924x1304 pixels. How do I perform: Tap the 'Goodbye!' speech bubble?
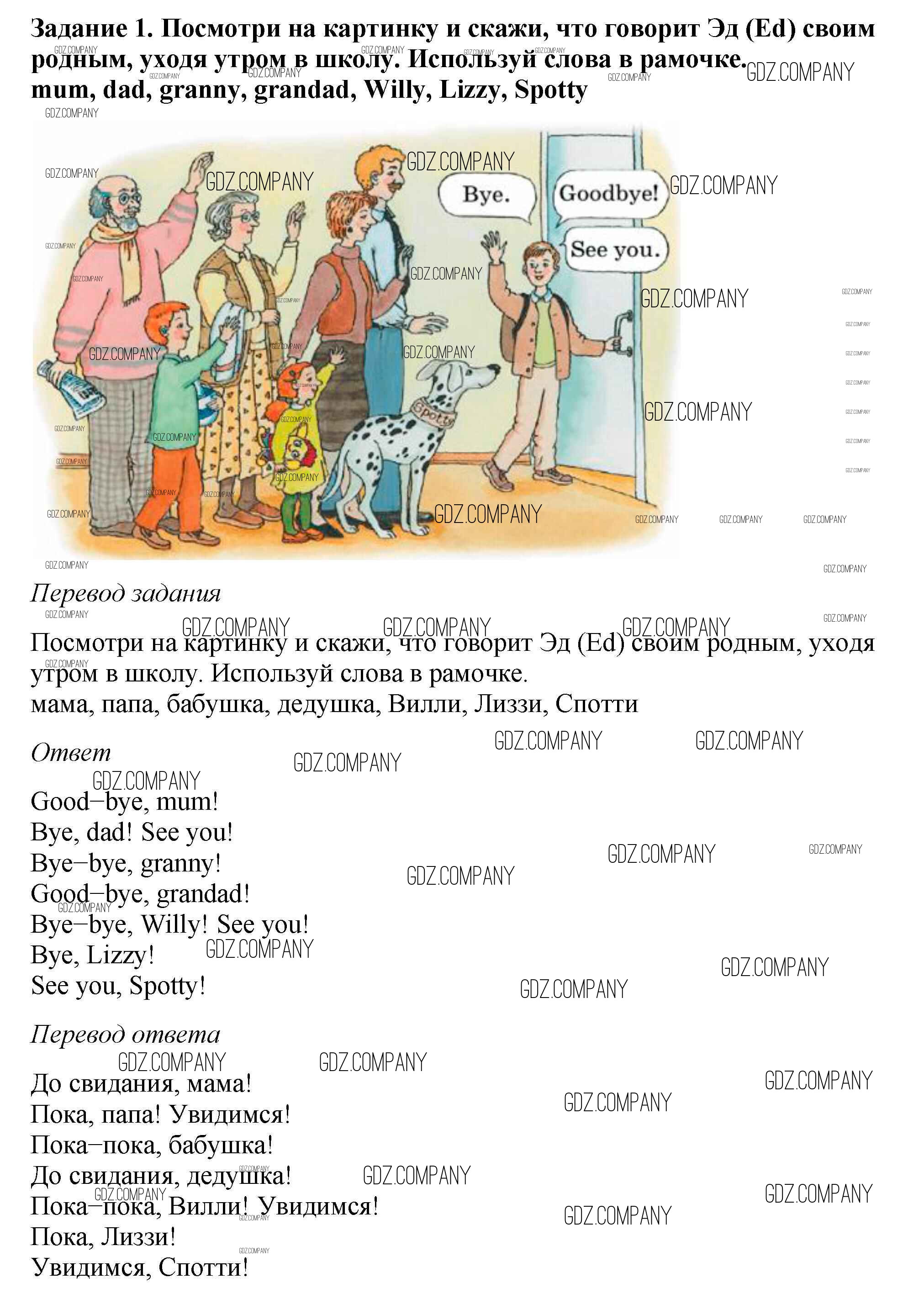[609, 194]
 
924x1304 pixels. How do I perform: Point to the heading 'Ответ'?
[70, 753]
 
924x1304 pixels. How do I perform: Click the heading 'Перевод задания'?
[126, 593]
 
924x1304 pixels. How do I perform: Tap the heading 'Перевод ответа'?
[125, 1035]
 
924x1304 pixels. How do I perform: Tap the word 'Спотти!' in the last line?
[203, 1267]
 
